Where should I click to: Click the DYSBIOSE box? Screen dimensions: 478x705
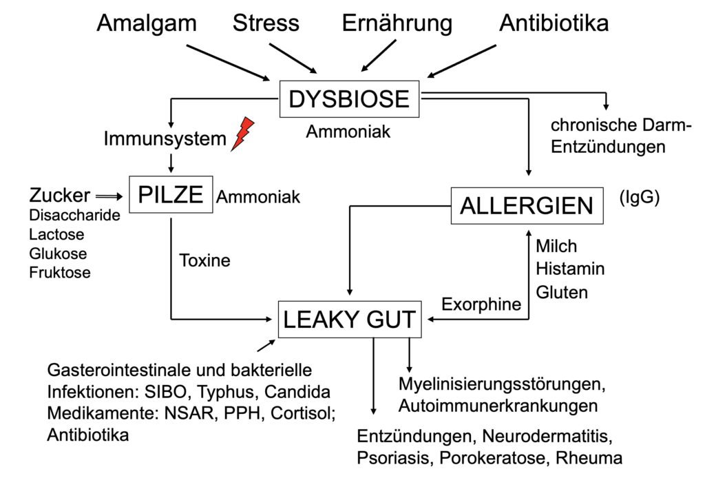pos(349,99)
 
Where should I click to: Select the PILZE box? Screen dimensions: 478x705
pos(171,195)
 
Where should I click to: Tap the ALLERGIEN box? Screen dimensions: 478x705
pos(527,205)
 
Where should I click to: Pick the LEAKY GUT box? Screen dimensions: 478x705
pos(349,320)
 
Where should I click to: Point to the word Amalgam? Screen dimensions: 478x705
pos(147,23)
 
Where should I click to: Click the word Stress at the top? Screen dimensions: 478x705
pos(266,23)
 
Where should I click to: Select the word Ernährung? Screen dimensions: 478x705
pos(397,23)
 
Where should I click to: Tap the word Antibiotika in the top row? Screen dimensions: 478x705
pos(554,23)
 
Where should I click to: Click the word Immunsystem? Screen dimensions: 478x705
pos(165,139)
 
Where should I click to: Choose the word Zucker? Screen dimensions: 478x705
pos(59,195)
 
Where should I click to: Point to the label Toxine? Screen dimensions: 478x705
pos(204,260)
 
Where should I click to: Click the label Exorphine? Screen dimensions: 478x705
pos(481,304)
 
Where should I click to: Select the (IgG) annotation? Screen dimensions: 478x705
pos(639,198)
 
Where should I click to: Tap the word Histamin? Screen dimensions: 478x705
pos(569,269)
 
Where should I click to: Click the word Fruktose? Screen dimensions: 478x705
pos(60,272)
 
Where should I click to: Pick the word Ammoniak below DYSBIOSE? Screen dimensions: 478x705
pos(348,131)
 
